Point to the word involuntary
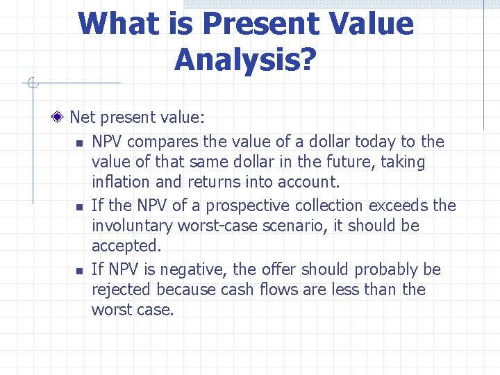pos(132,226)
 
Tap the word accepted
pos(125,247)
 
